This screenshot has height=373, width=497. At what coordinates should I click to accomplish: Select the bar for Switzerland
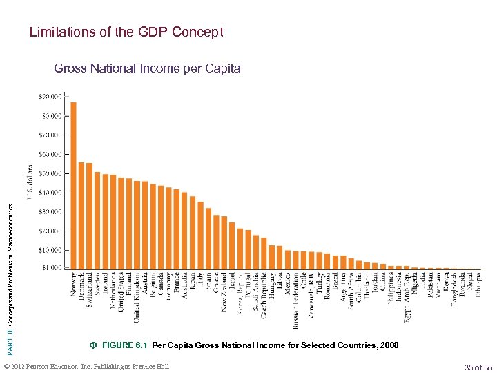pyautogui.click(x=89, y=216)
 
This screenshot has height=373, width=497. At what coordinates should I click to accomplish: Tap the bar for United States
pyautogui.click(x=121, y=222)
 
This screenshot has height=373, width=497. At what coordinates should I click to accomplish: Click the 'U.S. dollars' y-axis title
pyautogui.click(x=30, y=181)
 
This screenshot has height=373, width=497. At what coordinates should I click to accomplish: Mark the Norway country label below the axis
pyautogui.click(x=74, y=285)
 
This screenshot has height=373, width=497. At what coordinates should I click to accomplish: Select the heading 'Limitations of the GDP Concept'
pyautogui.click(x=126, y=32)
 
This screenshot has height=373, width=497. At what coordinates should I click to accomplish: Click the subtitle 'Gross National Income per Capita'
pyautogui.click(x=147, y=68)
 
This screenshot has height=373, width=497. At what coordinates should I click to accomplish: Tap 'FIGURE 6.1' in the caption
pyautogui.click(x=125, y=345)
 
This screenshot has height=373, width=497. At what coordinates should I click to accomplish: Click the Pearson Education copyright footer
pyautogui.click(x=86, y=366)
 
